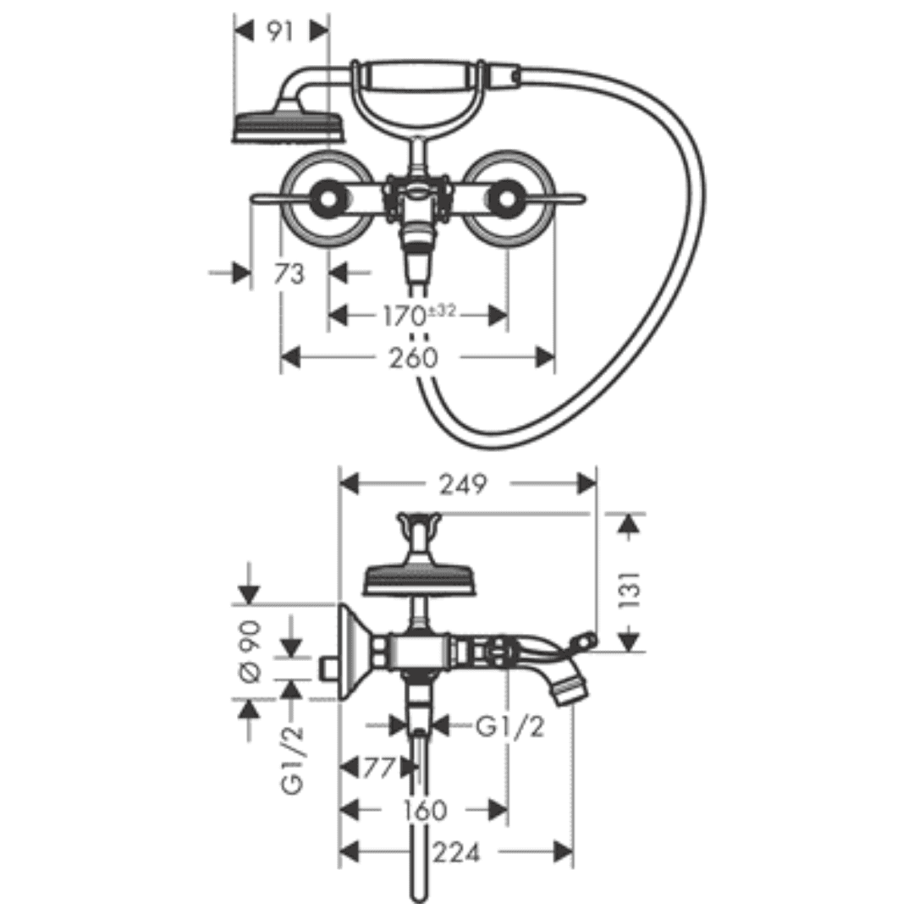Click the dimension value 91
tap(279, 32)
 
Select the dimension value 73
tap(289, 273)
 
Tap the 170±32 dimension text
tap(415, 316)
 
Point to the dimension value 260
tap(416, 358)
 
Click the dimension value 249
tap(463, 484)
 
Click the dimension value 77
tap(377, 768)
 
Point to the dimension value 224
tap(457, 853)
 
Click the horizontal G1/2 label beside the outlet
tap(509, 726)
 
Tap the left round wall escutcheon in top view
tap(325, 200)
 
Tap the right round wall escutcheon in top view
tap(508, 200)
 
